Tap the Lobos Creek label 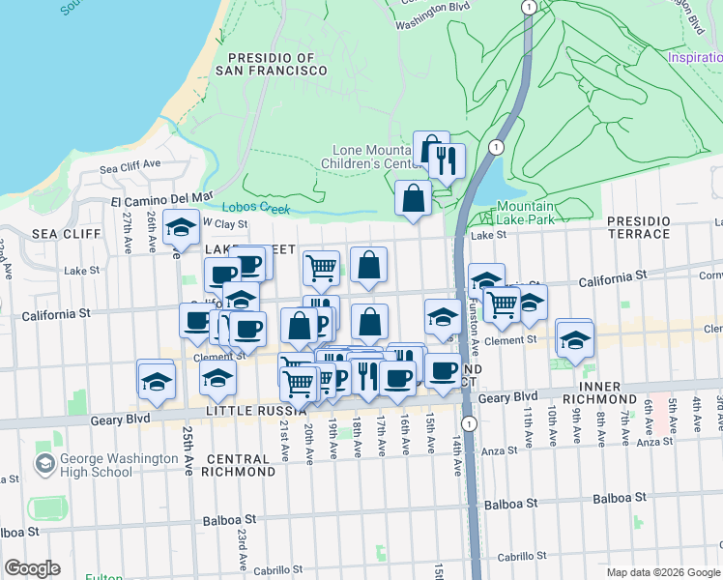click(x=255, y=207)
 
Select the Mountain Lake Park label click(x=525, y=214)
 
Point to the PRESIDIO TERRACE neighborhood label click(x=638, y=228)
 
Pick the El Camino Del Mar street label click(x=160, y=200)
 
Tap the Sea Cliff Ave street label click(x=130, y=164)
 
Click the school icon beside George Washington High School click(x=44, y=464)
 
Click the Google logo click(x=32, y=568)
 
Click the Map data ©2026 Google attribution click(x=663, y=572)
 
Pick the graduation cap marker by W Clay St click(x=180, y=228)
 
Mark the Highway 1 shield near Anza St click(x=469, y=423)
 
